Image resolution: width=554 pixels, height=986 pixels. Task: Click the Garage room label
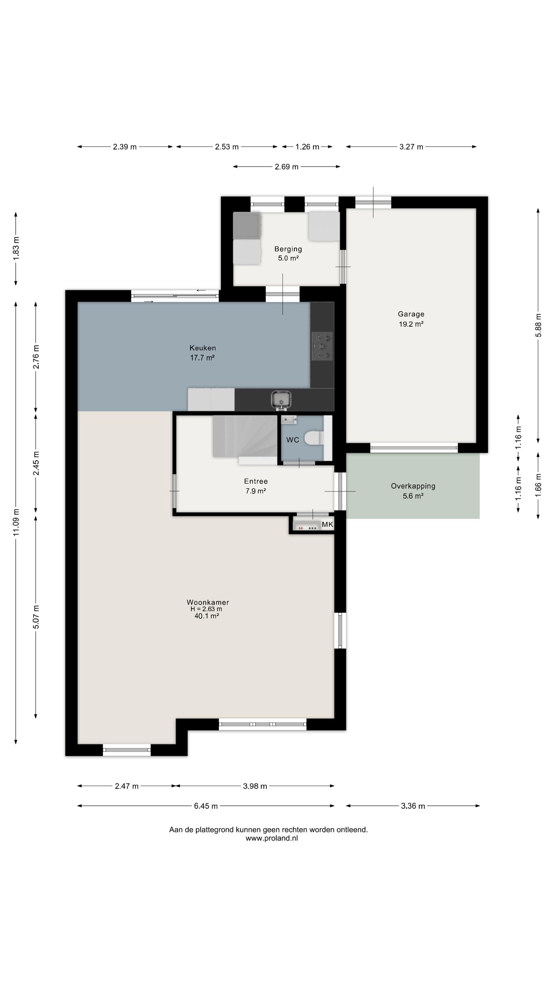pos(411,314)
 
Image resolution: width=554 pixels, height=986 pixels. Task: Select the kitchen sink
pos(281,399)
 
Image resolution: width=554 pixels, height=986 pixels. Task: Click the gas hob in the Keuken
pos(322,346)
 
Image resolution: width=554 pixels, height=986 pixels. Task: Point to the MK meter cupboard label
pos(327,524)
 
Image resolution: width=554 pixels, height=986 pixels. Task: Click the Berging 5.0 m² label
pos(288,253)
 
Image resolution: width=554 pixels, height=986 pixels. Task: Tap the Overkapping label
pos(413,486)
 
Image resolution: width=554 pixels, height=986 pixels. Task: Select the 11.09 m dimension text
pos(16,522)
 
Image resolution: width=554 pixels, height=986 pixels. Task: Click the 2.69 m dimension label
pos(287,167)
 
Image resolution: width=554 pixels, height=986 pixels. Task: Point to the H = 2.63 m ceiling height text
pos(206,609)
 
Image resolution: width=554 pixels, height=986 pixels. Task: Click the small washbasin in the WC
pos(289,419)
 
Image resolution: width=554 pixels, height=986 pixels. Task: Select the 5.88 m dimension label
pos(538,325)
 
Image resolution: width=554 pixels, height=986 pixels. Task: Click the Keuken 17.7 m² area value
pos(202,357)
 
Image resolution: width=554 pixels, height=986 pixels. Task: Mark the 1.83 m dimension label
pos(16,248)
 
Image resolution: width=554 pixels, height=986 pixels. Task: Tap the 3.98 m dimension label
pos(255,786)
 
